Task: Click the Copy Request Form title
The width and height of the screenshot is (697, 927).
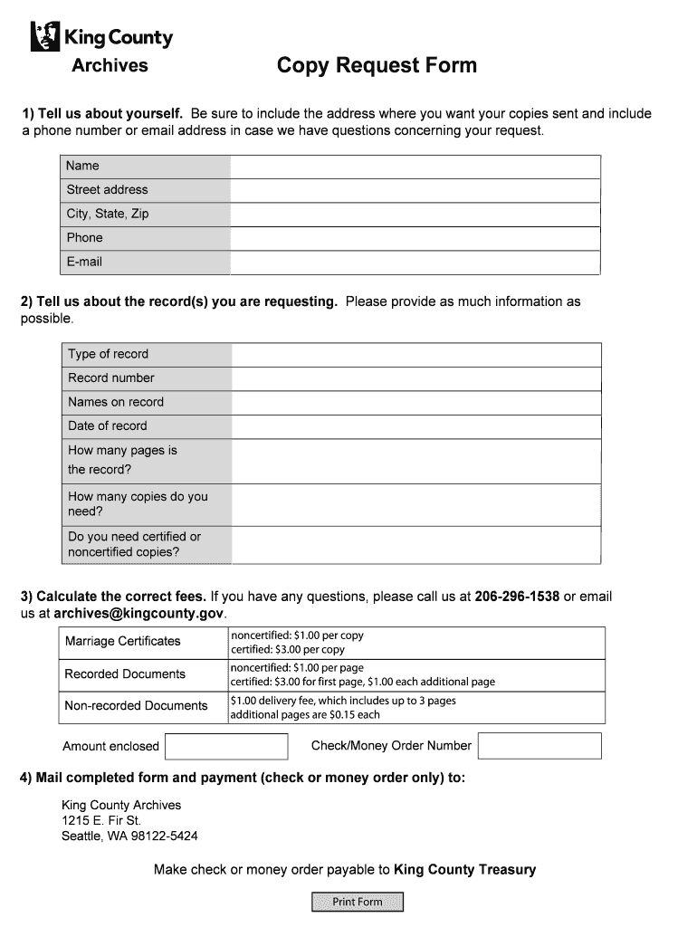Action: (x=377, y=66)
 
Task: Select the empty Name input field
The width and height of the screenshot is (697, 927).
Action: (x=415, y=167)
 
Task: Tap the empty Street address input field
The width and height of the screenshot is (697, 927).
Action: (x=415, y=190)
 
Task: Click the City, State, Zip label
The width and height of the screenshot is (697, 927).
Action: (x=108, y=214)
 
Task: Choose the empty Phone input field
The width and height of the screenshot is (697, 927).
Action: (x=415, y=238)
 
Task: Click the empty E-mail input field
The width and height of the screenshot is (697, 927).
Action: (x=415, y=263)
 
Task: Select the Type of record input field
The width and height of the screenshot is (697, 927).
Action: (x=415, y=354)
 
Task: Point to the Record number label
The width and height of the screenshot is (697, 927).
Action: (x=111, y=377)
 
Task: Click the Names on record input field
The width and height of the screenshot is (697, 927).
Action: (x=415, y=402)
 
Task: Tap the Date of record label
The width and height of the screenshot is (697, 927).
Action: (x=107, y=425)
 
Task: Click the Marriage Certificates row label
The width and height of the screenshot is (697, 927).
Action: (x=122, y=641)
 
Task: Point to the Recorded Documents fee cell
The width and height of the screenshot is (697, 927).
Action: (x=416, y=674)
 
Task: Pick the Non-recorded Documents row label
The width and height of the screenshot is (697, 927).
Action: (x=136, y=706)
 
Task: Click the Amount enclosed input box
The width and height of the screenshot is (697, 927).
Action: (x=226, y=746)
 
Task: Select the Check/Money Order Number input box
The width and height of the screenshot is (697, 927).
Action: (x=539, y=746)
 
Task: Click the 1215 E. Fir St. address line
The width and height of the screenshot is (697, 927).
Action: (x=101, y=820)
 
